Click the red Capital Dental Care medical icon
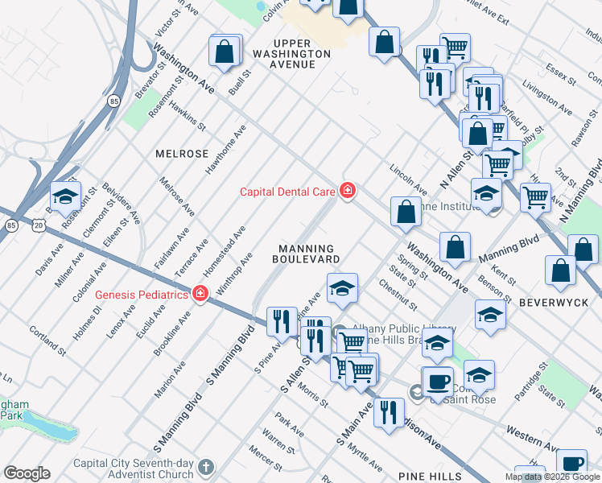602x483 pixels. (x=348, y=191)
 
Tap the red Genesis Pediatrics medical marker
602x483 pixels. (x=200, y=295)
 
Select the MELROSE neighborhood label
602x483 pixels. (x=182, y=154)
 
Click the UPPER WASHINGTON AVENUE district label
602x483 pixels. (x=290, y=53)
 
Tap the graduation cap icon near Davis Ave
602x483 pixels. (x=65, y=196)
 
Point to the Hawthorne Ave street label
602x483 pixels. (x=228, y=151)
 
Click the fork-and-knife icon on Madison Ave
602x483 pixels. (x=389, y=413)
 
